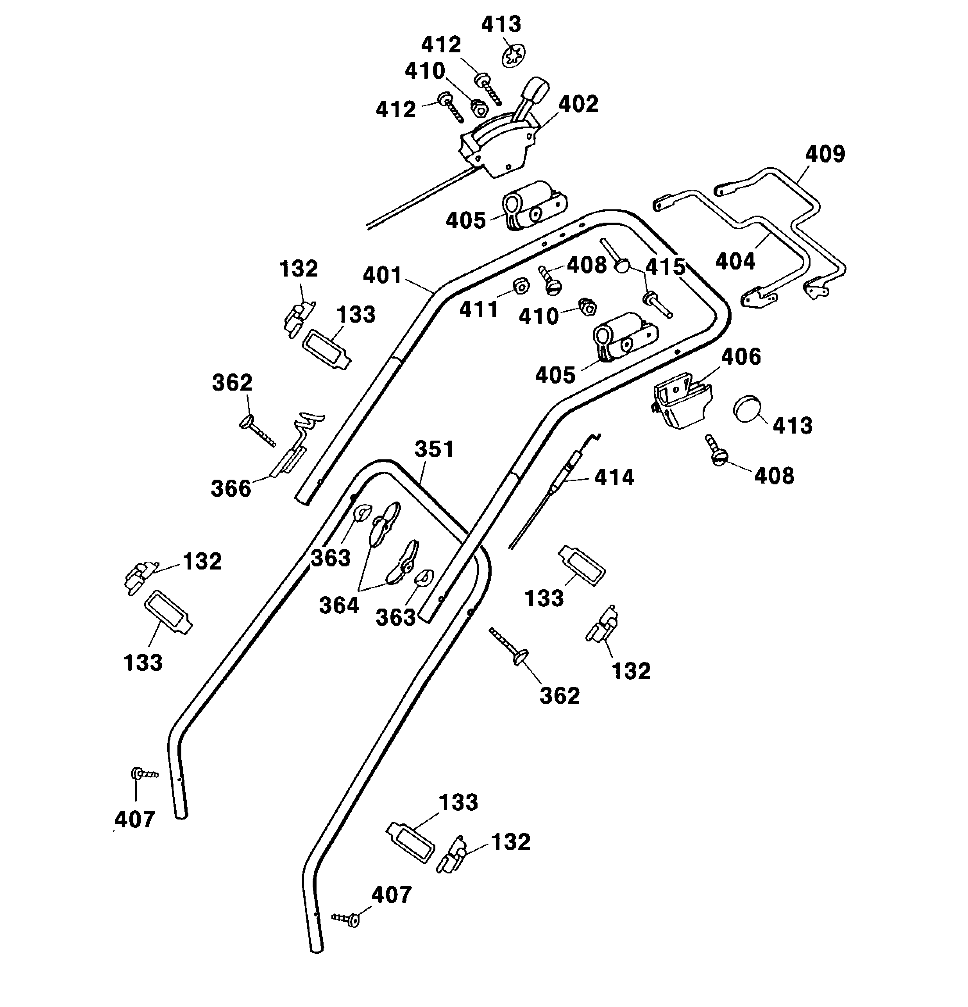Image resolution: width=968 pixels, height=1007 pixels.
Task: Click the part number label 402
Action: coord(578,104)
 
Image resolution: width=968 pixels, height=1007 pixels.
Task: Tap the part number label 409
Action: coord(825,154)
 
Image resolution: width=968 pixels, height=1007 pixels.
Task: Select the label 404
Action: coord(735,261)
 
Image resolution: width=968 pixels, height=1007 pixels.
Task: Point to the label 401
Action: coord(382,275)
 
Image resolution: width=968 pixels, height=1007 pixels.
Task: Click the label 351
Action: coord(435,449)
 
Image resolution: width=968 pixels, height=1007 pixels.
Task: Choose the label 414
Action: coord(614,478)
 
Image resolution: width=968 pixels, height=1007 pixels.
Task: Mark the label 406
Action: coord(741,357)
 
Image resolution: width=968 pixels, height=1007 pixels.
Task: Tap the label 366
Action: coord(231,488)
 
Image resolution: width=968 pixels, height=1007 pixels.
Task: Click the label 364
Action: coord(339,605)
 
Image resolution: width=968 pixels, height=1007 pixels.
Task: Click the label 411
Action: coord(479,309)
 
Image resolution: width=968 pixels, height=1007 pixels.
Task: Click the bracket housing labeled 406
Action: coord(682,401)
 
